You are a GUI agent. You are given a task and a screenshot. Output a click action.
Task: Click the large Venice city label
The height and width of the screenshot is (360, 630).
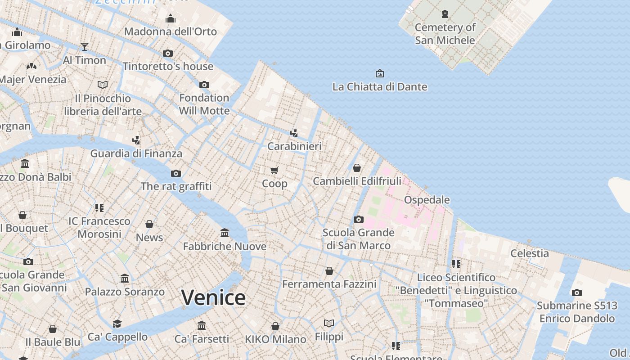pyautogui.click(x=213, y=297)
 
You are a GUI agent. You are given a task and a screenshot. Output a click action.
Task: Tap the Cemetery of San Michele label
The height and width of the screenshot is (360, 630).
pyautogui.click(x=445, y=34)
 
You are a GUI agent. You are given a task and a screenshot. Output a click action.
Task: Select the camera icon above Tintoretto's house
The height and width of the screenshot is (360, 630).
pyautogui.click(x=168, y=53)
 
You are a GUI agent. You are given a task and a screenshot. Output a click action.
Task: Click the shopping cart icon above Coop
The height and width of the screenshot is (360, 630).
pyautogui.click(x=274, y=170)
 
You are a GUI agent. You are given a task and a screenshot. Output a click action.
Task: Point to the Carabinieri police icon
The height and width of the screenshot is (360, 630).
pyautogui.click(x=294, y=133)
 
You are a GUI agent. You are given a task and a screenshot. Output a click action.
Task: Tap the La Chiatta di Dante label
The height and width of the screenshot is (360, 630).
pyautogui.click(x=379, y=86)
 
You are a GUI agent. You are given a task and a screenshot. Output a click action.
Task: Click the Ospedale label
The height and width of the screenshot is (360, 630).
pyautogui.click(x=427, y=199)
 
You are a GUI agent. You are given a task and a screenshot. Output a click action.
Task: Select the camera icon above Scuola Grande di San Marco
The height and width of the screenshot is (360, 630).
pyautogui.click(x=358, y=220)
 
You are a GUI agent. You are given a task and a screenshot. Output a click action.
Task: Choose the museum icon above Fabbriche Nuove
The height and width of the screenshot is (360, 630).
pyautogui.click(x=225, y=233)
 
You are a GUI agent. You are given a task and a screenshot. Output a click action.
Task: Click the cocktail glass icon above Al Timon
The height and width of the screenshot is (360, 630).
pyautogui.click(x=84, y=46)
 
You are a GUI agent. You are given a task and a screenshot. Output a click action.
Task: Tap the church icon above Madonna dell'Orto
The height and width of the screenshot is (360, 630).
pyautogui.click(x=171, y=18)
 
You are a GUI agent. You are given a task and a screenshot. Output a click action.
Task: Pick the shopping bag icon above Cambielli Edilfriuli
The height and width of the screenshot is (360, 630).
pyautogui.click(x=357, y=168)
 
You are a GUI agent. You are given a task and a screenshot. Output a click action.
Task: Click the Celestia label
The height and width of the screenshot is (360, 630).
pyautogui.click(x=529, y=253)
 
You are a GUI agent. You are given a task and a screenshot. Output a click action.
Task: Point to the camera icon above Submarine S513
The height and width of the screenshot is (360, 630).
pyautogui.click(x=576, y=292)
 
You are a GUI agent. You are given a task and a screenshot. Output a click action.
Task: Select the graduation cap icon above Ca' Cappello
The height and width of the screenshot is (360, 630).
pyautogui.click(x=117, y=324)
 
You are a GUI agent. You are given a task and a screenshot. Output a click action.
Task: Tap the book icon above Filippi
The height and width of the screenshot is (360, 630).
pyautogui.click(x=329, y=323)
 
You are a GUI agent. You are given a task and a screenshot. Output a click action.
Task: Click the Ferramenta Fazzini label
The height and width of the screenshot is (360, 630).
pyautogui.click(x=329, y=284)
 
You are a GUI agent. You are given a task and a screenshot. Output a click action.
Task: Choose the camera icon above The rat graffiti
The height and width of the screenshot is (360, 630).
pyautogui.click(x=175, y=173)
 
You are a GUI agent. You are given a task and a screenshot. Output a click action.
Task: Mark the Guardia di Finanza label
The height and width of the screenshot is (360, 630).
pyautogui.click(x=136, y=153)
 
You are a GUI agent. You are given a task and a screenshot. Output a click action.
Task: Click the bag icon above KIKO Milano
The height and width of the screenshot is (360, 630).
pyautogui.click(x=275, y=326)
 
